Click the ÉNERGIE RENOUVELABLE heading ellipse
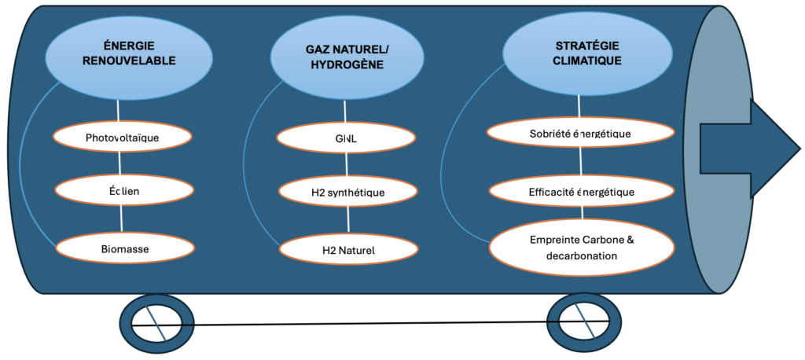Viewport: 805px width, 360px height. coord(129,53)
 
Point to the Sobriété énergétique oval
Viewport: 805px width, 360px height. coord(580,133)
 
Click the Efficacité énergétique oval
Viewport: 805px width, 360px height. coord(582,191)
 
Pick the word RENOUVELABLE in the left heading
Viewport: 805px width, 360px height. coord(129,60)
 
